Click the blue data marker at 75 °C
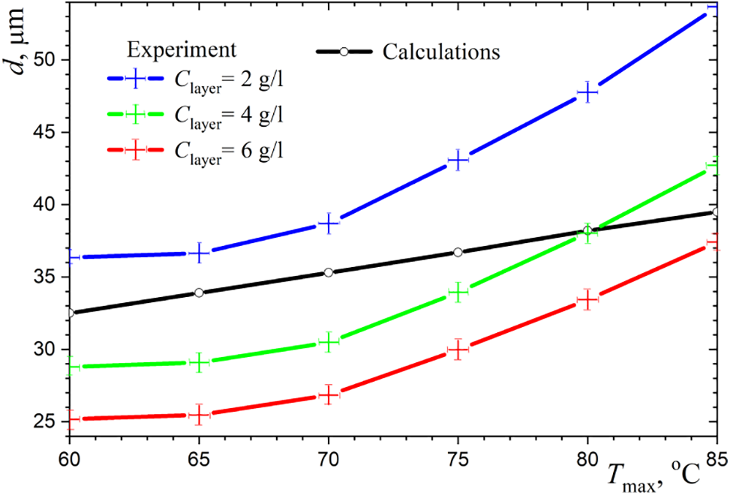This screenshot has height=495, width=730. click(x=458, y=160)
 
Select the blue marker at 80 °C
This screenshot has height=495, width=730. click(x=587, y=93)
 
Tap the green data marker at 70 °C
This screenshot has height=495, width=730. click(x=329, y=342)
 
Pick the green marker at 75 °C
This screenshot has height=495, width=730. click(x=458, y=292)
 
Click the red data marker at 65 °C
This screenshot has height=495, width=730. click(x=199, y=414)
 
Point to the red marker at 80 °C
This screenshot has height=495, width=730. click(x=587, y=299)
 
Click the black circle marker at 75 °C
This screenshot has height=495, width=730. click(x=458, y=252)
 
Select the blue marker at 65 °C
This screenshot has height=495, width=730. click(x=199, y=253)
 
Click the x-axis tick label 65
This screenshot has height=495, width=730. click(x=199, y=457)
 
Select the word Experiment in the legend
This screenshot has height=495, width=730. click(x=182, y=49)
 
